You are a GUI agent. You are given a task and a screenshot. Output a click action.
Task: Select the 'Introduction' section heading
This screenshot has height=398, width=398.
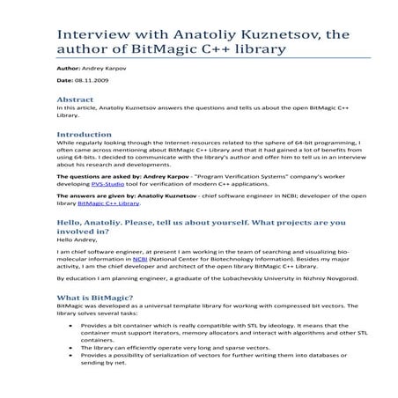pos(85,135)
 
